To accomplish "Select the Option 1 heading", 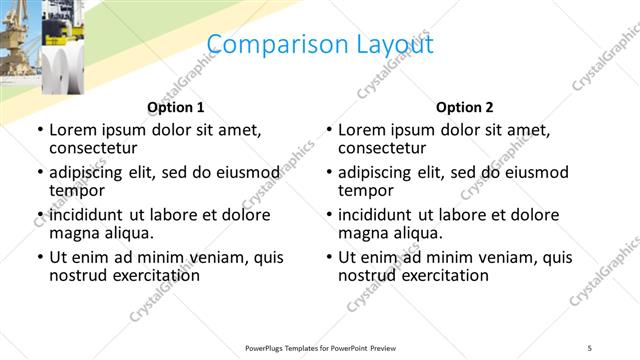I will tap(176, 107).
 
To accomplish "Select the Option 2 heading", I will tap(464, 107).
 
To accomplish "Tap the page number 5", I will tap(590, 348).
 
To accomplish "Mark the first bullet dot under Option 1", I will tap(39, 131).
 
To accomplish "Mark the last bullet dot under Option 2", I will tap(329, 257).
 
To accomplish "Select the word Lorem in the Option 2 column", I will tap(362, 130).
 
